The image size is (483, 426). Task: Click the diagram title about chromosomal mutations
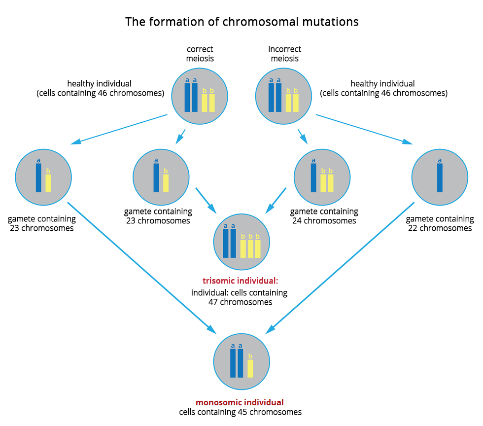(x=241, y=22)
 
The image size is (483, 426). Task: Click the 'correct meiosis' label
(x=200, y=54)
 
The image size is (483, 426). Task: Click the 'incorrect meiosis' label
(x=284, y=54)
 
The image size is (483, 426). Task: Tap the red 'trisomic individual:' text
(x=241, y=281)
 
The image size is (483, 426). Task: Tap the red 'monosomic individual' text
(x=240, y=402)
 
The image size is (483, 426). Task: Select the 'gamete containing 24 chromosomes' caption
(x=324, y=216)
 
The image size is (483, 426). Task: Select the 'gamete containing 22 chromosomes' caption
(x=440, y=223)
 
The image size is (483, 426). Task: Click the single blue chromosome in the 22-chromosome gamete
(x=440, y=177)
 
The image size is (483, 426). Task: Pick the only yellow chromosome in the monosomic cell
(x=250, y=368)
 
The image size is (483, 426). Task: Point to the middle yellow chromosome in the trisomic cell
(x=250, y=248)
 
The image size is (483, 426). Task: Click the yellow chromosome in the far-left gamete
(x=48, y=183)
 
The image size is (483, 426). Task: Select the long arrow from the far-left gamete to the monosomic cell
(x=140, y=266)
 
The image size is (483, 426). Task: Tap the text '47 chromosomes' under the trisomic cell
(x=241, y=302)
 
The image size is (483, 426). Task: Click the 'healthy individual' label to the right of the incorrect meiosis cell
(x=382, y=84)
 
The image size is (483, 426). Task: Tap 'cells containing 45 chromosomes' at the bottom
(x=240, y=412)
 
